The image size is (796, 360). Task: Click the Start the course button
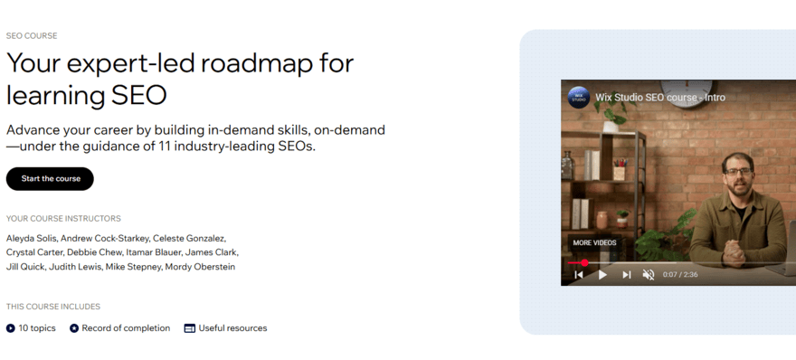pyautogui.click(x=51, y=179)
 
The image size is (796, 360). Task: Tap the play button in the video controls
pyautogui.click(x=602, y=274)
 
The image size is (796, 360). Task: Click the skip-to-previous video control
pyautogui.click(x=579, y=274)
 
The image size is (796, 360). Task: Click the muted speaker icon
pyautogui.click(x=649, y=274)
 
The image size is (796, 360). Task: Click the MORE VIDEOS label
pyautogui.click(x=594, y=242)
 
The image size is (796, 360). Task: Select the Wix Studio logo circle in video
pyautogui.click(x=579, y=97)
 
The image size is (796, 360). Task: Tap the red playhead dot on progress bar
pyautogui.click(x=584, y=263)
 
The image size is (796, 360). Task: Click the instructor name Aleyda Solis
pyautogui.click(x=32, y=239)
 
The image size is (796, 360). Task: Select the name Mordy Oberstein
pyautogui.click(x=200, y=268)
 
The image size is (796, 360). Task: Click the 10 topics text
pyautogui.click(x=37, y=328)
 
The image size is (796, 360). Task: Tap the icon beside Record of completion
pyautogui.click(x=74, y=328)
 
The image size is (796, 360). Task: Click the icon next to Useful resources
pyautogui.click(x=190, y=328)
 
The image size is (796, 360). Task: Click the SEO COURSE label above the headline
pyautogui.click(x=32, y=36)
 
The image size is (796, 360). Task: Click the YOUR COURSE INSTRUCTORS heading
pyautogui.click(x=63, y=219)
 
